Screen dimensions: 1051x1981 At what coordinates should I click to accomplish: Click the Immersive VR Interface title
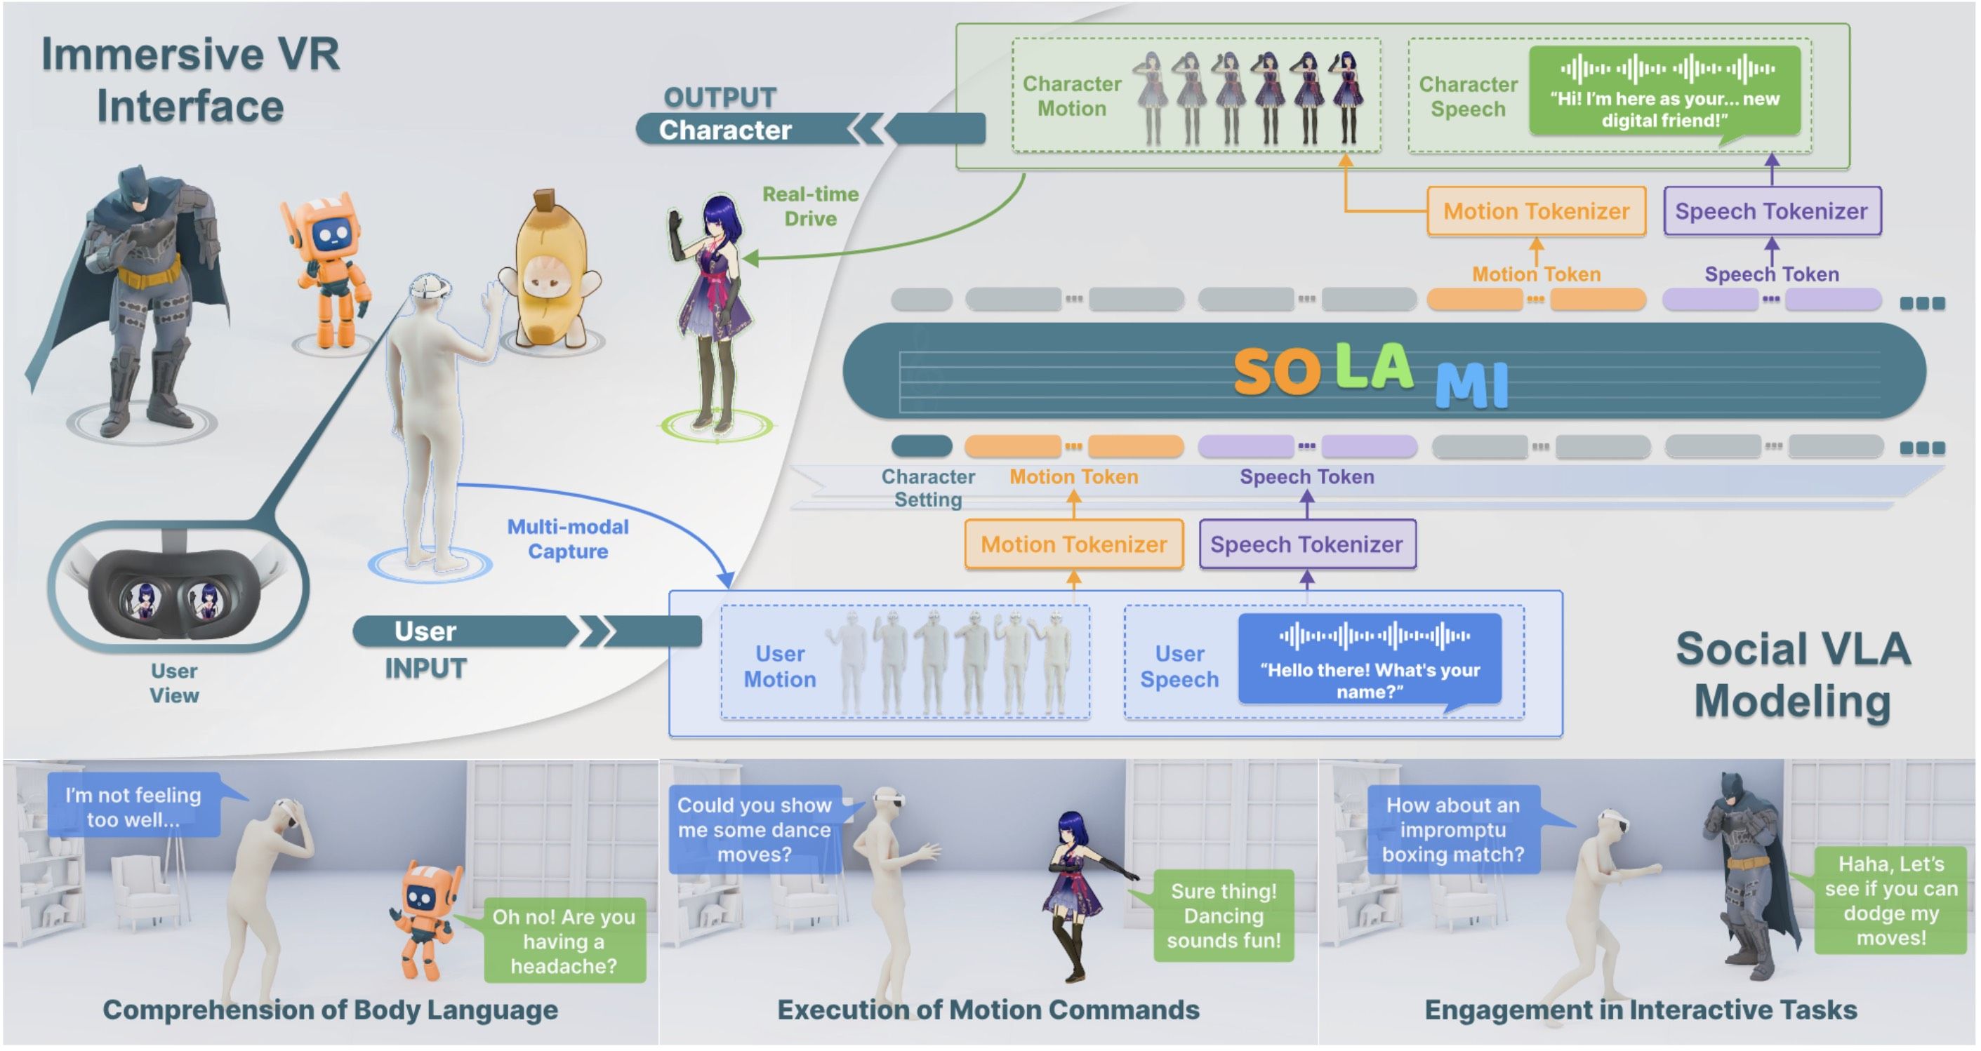(x=190, y=80)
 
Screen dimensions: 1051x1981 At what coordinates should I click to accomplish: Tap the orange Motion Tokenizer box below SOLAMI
(x=1073, y=544)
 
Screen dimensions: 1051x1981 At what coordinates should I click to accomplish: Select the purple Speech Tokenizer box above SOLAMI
(x=1771, y=211)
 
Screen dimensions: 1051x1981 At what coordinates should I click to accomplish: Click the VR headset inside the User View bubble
(x=176, y=592)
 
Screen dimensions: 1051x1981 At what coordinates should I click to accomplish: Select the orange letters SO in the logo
(x=1277, y=373)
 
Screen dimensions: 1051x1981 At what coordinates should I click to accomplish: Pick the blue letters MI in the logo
(x=1471, y=384)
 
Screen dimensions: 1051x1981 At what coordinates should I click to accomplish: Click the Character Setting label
(x=927, y=488)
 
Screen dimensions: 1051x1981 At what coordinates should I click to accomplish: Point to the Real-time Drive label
(x=810, y=206)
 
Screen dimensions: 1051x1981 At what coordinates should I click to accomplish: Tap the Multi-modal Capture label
(x=567, y=539)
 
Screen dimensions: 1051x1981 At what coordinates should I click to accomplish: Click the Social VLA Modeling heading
(x=1792, y=675)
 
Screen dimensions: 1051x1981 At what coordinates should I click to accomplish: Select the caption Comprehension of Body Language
(x=330, y=1010)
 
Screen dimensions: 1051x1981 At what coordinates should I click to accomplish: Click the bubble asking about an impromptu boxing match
(x=1452, y=829)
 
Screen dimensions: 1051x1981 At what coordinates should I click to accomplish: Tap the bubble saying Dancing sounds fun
(x=1223, y=916)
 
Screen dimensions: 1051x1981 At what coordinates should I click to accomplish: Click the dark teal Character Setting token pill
(x=921, y=446)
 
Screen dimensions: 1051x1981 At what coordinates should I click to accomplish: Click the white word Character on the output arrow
(x=724, y=130)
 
